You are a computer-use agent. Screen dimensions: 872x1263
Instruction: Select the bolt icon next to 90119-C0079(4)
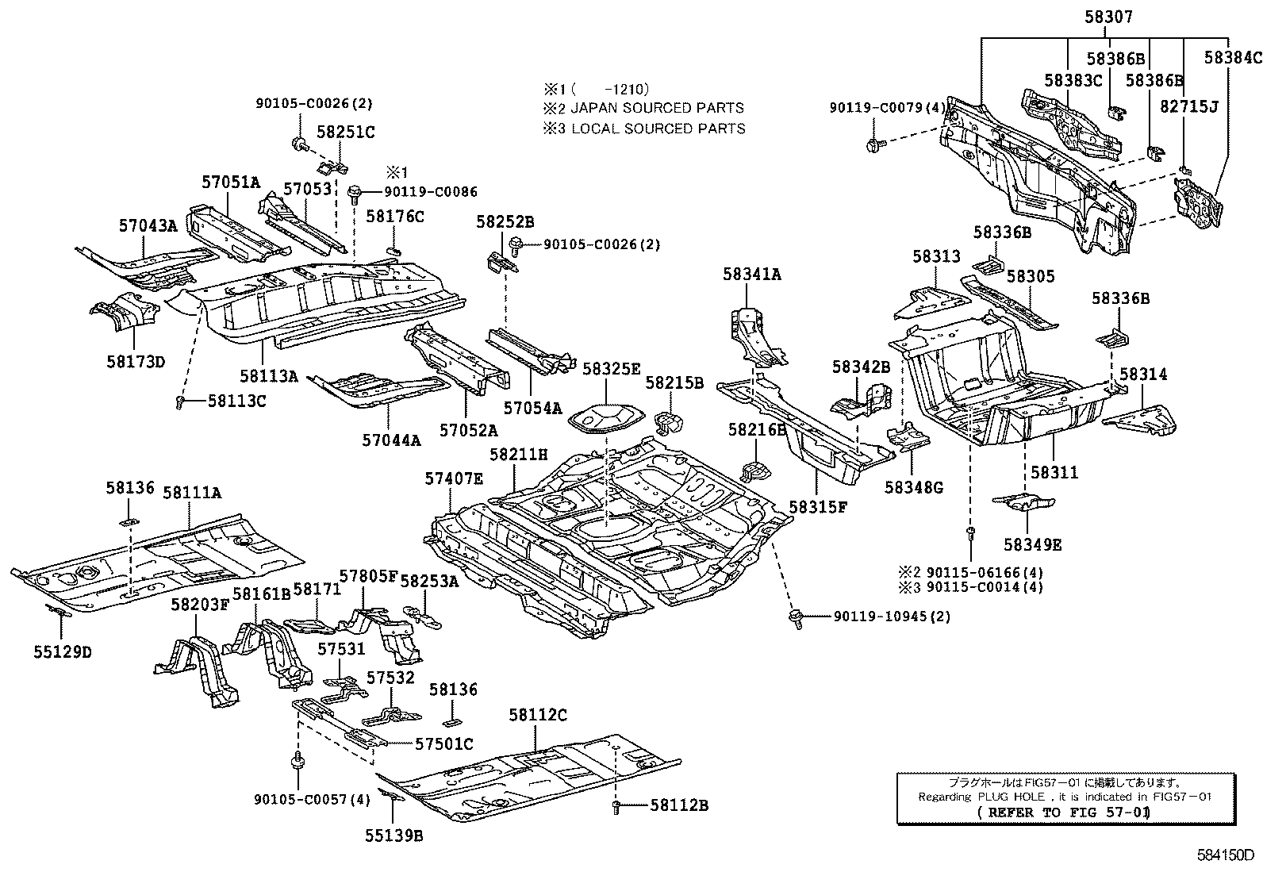pos(873,145)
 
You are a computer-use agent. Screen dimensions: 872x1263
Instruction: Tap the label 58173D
pos(135,362)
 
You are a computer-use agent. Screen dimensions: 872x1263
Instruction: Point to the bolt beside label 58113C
pos(180,403)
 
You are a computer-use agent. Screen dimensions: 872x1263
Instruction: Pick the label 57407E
pos(453,478)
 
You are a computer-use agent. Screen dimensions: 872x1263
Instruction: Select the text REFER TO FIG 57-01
pos(1063,812)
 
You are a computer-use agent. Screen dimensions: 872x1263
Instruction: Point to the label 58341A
pos(751,275)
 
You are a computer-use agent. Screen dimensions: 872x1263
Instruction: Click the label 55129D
pos(63,652)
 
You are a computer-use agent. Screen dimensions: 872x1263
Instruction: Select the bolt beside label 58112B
pos(616,806)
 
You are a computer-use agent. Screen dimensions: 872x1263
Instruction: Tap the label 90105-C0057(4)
pos(313,800)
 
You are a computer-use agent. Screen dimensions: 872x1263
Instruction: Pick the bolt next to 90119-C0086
pos(355,191)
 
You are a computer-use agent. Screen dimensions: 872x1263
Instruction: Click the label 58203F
pos(199,605)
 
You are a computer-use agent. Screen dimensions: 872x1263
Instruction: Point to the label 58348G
pos(914,487)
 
